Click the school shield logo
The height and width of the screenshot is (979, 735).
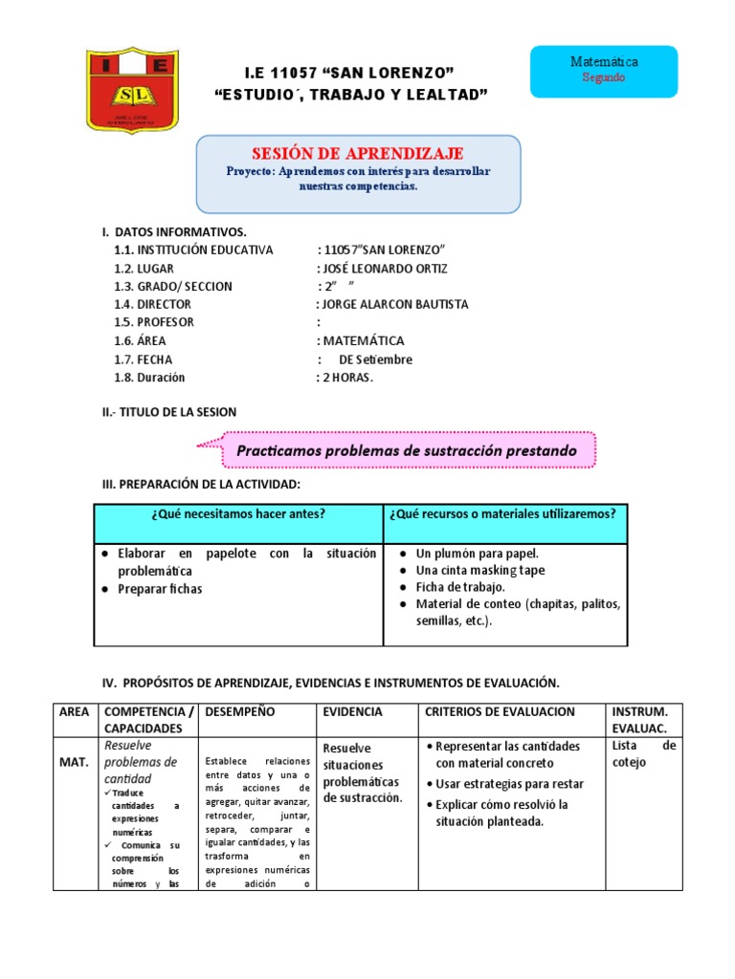pos(131,92)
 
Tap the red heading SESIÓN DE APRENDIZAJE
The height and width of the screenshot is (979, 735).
pos(357,153)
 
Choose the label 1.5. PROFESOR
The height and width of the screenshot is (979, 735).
pos(153,322)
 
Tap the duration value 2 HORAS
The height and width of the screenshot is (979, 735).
pos(347,378)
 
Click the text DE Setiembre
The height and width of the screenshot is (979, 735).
pos(375,359)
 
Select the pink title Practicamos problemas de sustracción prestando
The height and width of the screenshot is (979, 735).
pos(407,449)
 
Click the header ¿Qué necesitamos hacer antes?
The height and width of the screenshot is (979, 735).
pos(237,514)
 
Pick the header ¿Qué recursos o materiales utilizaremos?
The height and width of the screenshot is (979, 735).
pos(502,514)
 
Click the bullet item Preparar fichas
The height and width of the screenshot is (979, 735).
pos(160,589)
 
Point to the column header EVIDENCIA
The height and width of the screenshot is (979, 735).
pos(352,712)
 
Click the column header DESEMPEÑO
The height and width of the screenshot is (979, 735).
pos(239,712)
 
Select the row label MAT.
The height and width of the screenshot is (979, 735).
pos(73,762)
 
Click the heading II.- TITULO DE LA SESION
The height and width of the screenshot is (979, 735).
pos(169,412)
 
